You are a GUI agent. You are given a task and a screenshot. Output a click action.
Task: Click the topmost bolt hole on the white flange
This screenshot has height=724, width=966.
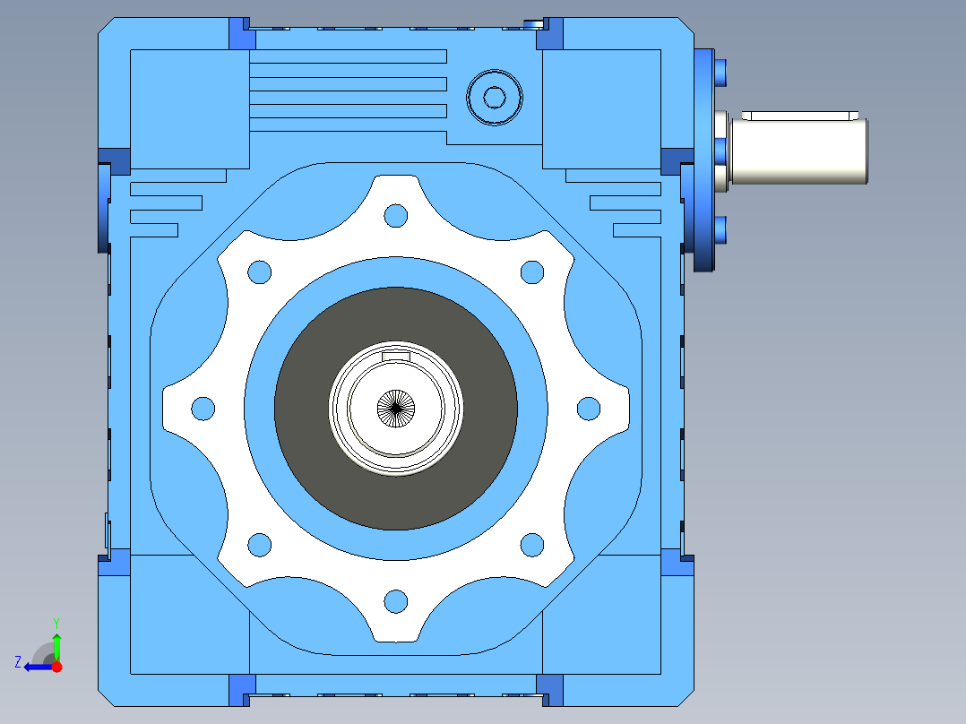395,216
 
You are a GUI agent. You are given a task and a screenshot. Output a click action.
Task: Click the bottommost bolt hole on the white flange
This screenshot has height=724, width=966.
395,600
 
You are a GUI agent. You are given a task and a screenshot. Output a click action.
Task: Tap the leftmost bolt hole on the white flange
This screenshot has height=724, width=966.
203,409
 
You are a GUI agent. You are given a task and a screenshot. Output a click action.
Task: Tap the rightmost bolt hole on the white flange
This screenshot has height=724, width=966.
589,409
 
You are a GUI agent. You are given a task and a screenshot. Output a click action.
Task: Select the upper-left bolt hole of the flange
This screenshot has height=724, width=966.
259,271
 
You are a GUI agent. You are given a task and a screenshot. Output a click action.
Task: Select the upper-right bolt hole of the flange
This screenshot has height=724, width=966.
532,271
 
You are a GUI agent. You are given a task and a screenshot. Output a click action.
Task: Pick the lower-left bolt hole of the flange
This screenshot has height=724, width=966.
259,545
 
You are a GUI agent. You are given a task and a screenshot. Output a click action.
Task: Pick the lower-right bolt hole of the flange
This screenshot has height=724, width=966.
532,545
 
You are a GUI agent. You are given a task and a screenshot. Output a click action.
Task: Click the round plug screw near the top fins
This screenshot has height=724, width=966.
494,98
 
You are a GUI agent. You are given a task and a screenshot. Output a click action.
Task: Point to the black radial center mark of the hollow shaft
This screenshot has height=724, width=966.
395,408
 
